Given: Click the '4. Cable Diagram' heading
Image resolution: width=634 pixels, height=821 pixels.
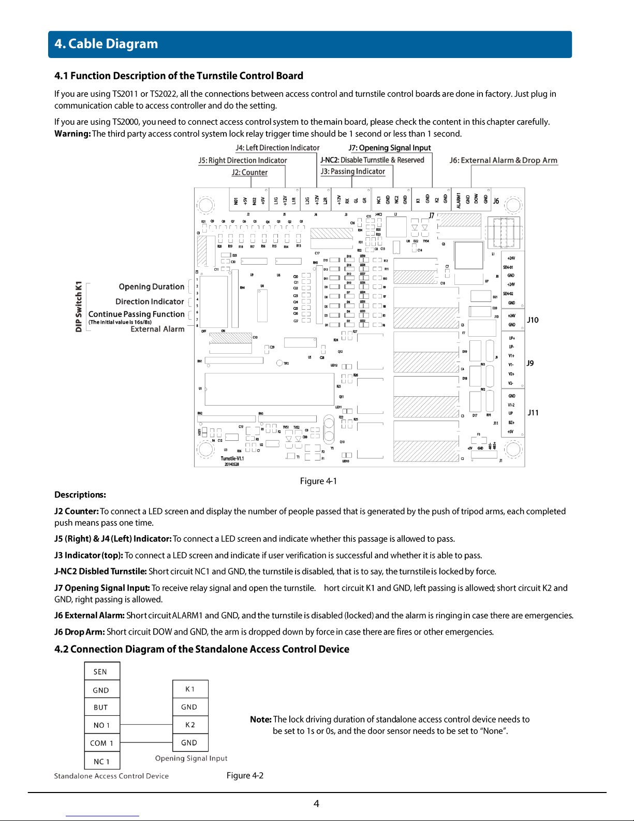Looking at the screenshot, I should point(106,44).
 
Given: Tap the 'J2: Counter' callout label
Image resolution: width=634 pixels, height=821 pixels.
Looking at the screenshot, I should point(249,172).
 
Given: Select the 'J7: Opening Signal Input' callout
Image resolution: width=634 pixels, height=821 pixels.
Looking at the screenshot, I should point(390,148).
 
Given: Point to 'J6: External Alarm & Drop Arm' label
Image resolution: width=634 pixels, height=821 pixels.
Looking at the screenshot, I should point(503,161).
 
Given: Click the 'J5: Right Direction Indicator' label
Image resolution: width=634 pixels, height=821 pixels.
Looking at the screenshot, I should point(243,161).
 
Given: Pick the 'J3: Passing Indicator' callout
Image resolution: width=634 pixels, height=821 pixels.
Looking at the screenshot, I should point(352,171).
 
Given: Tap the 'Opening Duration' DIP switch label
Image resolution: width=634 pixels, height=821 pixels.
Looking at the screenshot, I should point(151,287).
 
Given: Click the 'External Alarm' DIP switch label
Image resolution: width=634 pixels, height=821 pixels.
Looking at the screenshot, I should point(157,329).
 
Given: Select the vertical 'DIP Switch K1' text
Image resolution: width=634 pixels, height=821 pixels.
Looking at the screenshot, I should point(79,307).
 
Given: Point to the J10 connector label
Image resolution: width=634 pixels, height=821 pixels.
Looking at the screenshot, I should point(533,320).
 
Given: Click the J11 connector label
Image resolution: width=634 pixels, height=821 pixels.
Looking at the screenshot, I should point(533,413).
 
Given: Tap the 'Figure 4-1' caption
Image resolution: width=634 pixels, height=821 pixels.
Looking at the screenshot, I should point(318,481).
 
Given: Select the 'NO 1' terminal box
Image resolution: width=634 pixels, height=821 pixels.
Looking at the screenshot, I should point(101,725).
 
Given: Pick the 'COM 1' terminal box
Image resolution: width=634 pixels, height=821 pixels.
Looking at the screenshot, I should point(101,743).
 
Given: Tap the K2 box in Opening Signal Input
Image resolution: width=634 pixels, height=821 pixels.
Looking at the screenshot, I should point(190,725).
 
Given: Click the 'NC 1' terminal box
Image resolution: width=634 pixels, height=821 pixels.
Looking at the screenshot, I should point(101,761).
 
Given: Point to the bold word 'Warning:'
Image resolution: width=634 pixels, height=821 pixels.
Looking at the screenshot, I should point(72,134).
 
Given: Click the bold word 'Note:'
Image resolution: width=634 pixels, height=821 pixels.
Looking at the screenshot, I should point(260,719).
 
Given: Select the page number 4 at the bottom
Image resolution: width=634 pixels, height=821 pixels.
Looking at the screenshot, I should point(316,804).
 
